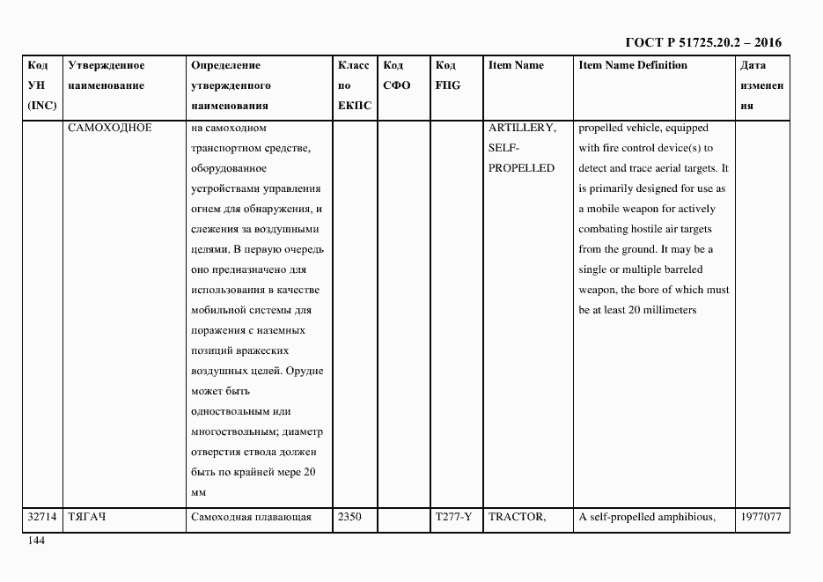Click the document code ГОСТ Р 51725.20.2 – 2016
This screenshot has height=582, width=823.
pos(702,42)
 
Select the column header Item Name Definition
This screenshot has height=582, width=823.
pos(632,65)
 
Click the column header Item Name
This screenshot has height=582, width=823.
pos(516,65)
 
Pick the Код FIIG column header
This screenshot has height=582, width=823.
pos(447,76)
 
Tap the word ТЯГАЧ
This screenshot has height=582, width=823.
pos(86,517)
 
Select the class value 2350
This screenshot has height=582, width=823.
pos(349,517)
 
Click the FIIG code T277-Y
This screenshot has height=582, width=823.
pos(452,517)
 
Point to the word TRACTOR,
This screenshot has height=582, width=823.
pos(518,517)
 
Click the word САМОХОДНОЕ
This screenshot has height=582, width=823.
pos(109,128)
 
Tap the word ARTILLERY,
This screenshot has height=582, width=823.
pos(522,128)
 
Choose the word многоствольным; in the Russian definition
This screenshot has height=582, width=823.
pos(234,431)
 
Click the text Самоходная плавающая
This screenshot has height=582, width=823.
pos(252,517)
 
